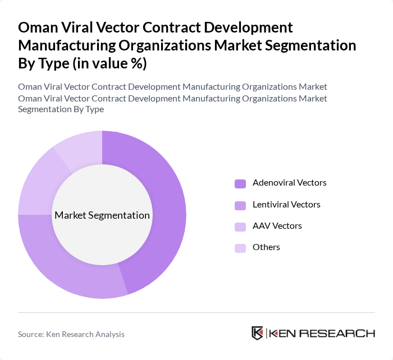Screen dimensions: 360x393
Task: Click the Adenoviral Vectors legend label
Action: (x=289, y=183)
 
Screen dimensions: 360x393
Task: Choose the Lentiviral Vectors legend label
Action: (x=286, y=205)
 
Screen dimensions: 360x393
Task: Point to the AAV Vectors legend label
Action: (x=277, y=226)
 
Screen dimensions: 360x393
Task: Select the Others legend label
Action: (x=266, y=247)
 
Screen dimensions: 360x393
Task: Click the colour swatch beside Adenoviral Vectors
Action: (x=240, y=183)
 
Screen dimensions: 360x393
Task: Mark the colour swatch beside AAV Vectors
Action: (x=240, y=227)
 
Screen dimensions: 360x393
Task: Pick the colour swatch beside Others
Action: (x=240, y=248)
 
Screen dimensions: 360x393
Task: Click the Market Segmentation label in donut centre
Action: (x=102, y=215)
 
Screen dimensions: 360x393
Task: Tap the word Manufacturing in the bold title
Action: (x=80, y=45)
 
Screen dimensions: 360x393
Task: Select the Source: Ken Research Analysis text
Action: (x=71, y=334)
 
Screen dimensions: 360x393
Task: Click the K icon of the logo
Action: (x=258, y=333)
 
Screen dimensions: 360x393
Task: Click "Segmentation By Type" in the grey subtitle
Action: (x=61, y=109)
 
